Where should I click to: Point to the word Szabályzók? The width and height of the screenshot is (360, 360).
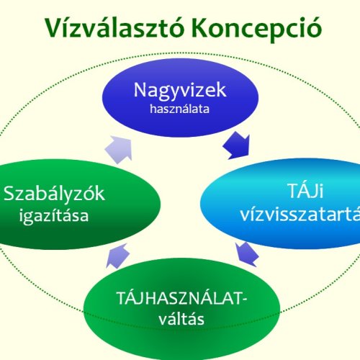coord(55,193)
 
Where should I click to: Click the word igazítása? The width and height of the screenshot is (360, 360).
coord(55,215)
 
